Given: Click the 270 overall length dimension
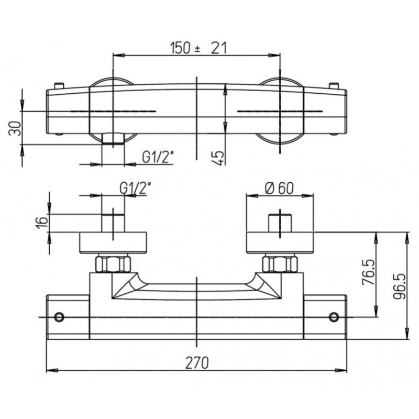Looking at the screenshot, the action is [x=197, y=362].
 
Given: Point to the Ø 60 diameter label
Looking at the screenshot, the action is [x=279, y=189].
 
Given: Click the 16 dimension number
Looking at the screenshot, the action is [x=42, y=222].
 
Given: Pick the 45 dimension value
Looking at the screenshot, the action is [x=218, y=158].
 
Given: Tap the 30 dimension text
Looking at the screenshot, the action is [x=15, y=128].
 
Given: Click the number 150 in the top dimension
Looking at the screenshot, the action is [x=181, y=48].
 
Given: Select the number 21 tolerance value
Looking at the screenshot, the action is [x=218, y=48].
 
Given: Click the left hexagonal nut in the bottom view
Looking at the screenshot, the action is [x=113, y=264].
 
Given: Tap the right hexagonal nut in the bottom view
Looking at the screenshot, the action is [x=280, y=264].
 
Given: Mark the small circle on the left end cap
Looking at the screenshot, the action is [x=59, y=317].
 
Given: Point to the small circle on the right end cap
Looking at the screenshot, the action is [x=334, y=317].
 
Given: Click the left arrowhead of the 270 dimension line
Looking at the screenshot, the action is [x=52, y=371].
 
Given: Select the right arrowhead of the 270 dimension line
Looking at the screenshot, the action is [x=341, y=371].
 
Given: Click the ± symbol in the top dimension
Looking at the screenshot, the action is [x=197, y=49].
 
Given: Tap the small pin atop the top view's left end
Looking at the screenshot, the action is [x=59, y=85].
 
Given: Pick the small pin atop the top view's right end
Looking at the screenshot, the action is [x=334, y=86].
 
